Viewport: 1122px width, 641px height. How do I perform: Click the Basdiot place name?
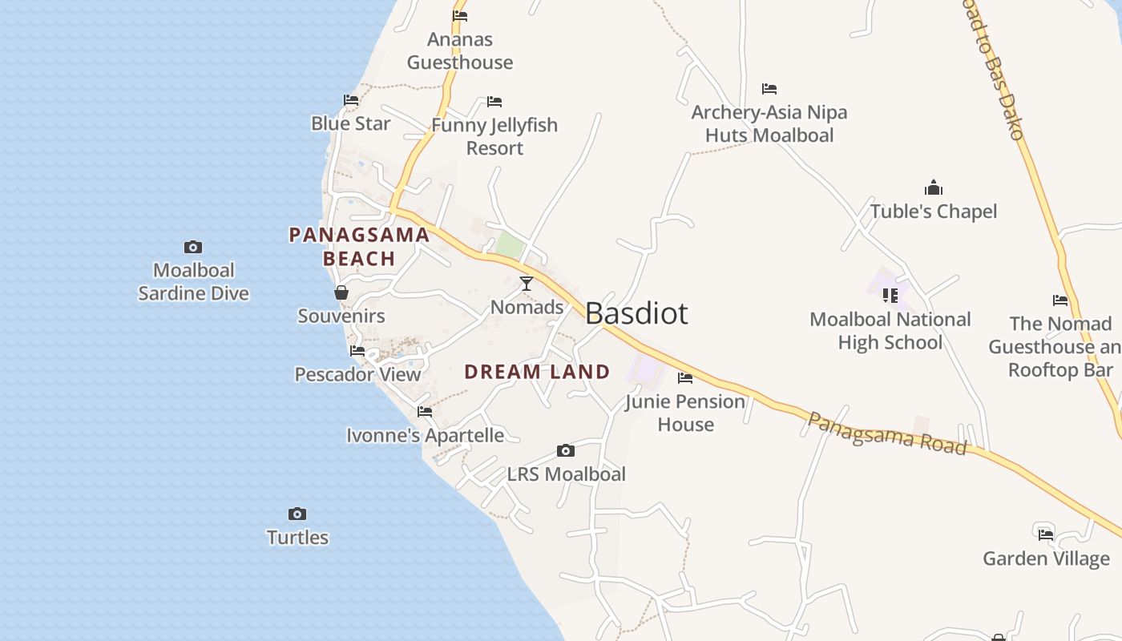(x=636, y=313)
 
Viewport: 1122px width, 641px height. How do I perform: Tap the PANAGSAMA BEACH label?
(x=359, y=247)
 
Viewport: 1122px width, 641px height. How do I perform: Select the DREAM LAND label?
(x=537, y=372)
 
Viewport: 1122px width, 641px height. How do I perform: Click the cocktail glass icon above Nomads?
(x=527, y=284)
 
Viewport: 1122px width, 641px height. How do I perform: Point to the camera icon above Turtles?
(x=297, y=514)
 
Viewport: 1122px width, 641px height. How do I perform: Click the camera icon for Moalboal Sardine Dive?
(x=193, y=247)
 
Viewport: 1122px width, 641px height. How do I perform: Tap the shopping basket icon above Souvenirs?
(x=341, y=292)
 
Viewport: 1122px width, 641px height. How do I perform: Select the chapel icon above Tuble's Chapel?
(x=934, y=188)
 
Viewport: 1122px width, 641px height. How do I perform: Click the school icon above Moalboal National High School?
(x=890, y=296)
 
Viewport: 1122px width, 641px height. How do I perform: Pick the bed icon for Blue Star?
(x=351, y=100)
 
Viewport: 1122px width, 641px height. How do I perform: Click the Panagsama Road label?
(x=886, y=433)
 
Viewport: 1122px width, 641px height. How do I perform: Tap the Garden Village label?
(x=1046, y=558)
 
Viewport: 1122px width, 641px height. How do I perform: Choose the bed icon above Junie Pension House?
(x=685, y=378)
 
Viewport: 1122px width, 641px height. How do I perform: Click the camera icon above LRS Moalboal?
(x=566, y=450)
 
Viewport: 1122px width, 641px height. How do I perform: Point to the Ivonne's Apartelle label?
(x=425, y=436)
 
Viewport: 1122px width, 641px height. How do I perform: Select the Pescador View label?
(x=357, y=374)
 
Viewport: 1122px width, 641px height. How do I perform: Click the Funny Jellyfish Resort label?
(x=494, y=136)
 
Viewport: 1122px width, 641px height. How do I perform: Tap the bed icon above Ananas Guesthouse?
(x=460, y=15)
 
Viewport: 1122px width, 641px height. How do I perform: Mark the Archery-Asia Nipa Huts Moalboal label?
(x=769, y=123)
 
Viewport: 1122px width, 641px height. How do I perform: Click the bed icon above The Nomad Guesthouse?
(x=1060, y=300)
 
